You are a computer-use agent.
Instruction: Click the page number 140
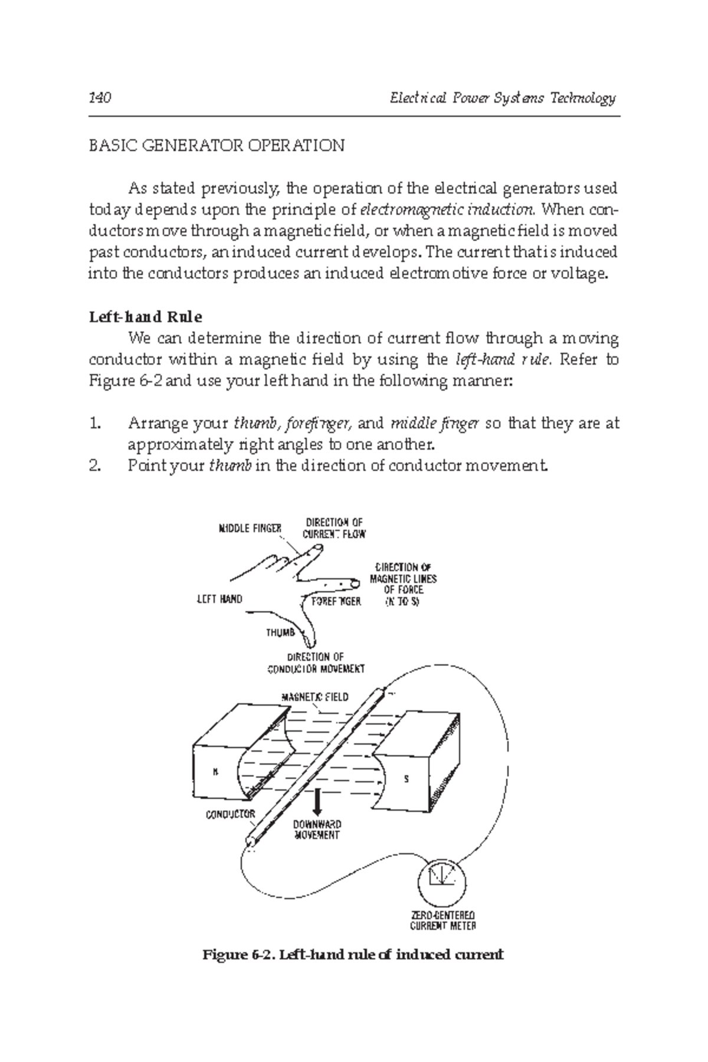(100, 98)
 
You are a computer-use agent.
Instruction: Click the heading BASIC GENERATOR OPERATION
(216, 146)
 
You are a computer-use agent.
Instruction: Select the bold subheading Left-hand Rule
(145, 317)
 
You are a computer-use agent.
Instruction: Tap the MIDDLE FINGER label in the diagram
(250, 529)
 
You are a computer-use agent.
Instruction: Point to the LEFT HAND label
(219, 599)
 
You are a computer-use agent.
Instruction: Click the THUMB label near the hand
(280, 633)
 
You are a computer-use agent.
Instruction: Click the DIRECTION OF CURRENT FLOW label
(334, 528)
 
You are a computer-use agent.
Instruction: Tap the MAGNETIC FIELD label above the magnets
(314, 697)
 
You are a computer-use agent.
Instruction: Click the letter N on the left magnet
(215, 773)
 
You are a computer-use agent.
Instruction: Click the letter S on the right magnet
(406, 779)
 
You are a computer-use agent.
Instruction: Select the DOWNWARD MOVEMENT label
(317, 830)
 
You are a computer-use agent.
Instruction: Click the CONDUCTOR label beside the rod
(230, 815)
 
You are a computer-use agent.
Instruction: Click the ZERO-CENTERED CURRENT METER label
(442, 920)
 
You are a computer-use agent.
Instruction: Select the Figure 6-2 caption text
(353, 955)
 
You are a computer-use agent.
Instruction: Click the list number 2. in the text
(96, 466)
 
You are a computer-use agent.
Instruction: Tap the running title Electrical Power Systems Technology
(503, 98)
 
